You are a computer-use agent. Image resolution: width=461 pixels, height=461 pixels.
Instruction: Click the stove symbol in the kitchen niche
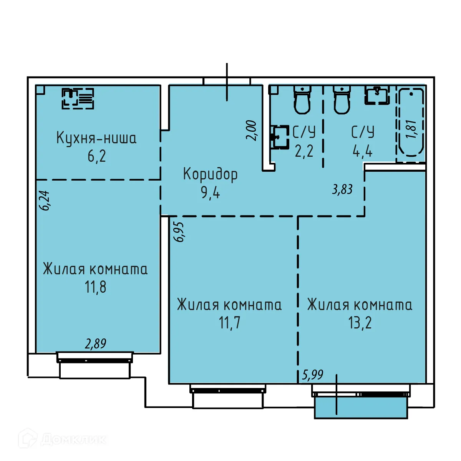point(78,99)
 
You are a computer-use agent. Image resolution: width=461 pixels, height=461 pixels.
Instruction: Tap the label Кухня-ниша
point(96,138)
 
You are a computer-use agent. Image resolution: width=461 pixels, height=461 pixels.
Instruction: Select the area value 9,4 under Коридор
point(210,192)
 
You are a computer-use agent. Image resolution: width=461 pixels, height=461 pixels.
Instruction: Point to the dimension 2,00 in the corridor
point(251,131)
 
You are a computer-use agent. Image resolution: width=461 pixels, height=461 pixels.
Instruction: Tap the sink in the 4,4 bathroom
point(377,95)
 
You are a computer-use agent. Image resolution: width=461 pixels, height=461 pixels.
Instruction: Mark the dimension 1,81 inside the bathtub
point(411,129)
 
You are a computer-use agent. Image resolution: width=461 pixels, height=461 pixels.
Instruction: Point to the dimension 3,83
point(342,189)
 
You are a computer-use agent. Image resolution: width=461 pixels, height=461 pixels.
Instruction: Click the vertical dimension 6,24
point(45,201)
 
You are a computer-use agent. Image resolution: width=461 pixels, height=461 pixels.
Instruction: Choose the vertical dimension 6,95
point(179,232)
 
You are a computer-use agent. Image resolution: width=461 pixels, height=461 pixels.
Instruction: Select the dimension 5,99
point(313,375)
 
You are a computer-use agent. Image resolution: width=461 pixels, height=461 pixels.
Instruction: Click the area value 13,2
point(360,323)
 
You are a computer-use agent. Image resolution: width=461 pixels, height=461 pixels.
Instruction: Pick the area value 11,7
point(230,323)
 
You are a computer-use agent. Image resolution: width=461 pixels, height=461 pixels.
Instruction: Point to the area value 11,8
point(96,287)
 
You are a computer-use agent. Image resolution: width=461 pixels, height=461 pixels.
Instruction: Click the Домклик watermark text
point(73,439)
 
